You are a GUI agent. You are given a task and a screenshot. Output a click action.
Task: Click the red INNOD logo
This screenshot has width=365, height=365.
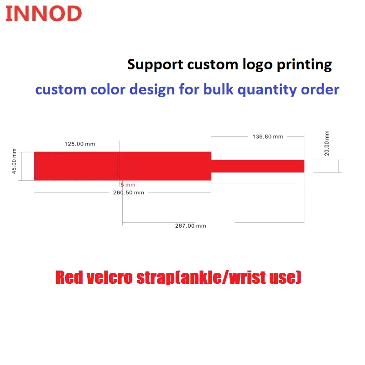click(x=43, y=14)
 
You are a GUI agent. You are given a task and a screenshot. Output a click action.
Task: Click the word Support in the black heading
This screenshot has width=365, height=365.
click(x=155, y=65)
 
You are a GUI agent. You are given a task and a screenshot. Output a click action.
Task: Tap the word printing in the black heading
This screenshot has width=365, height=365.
click(x=304, y=65)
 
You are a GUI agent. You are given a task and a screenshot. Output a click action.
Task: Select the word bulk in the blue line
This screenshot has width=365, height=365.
click(x=219, y=89)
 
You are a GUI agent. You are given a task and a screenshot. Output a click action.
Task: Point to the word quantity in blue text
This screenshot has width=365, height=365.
click(x=267, y=90)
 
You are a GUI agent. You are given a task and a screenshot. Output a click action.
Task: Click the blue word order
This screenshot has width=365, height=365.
click(x=320, y=89)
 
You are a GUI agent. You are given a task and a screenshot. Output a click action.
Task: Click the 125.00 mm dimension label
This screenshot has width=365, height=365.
click(x=80, y=144)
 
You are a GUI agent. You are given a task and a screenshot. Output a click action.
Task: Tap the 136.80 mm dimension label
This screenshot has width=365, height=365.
click(x=268, y=136)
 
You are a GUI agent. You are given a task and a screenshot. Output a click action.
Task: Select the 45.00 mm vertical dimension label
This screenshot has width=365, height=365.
click(x=14, y=161)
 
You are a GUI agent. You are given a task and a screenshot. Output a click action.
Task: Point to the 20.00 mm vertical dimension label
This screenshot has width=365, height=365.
click(x=327, y=143)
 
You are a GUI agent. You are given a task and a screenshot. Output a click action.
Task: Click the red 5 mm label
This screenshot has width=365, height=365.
click(x=128, y=185)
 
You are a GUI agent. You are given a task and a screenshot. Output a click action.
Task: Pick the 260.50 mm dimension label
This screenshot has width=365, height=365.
click(x=129, y=193)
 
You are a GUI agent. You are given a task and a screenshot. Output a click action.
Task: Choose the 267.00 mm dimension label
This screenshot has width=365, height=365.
click(x=191, y=226)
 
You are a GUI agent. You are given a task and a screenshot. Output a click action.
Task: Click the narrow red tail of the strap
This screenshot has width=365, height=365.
click(x=258, y=166)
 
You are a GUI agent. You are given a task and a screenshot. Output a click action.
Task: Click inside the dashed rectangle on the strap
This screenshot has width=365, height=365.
click(x=77, y=166)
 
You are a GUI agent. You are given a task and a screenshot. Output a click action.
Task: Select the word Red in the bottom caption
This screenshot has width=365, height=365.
click(x=69, y=277)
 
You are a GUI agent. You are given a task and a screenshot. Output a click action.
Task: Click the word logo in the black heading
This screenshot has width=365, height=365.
click(x=257, y=65)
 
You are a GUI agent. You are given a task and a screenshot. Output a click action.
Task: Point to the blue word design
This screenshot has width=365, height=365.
click(x=152, y=90)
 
